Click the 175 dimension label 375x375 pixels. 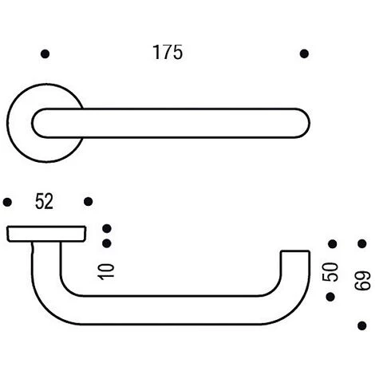(x=168, y=52)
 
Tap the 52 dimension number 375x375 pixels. (x=44, y=201)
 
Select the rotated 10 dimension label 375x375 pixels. (x=106, y=271)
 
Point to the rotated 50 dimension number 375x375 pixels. (x=330, y=272)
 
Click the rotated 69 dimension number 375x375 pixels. (x=362, y=281)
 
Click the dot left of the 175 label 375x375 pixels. (x=45, y=54)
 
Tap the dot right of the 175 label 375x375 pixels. (x=304, y=53)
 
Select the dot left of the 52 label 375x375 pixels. (x=7, y=202)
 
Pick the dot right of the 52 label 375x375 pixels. (x=88, y=202)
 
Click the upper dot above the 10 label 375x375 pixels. (x=107, y=228)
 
